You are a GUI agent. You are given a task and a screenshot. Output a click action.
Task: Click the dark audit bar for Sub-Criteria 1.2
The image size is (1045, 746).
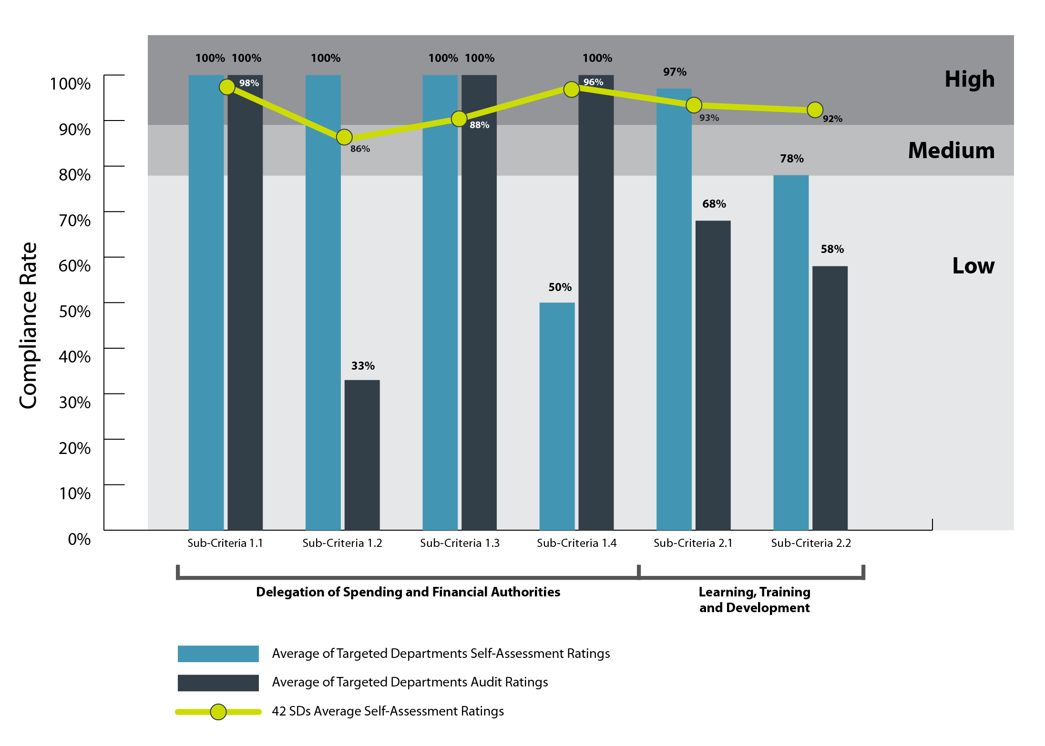362,455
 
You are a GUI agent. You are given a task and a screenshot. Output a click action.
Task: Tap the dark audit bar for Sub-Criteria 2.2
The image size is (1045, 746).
830,398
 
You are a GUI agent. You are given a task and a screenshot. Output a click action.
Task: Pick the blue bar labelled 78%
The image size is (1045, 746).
791,353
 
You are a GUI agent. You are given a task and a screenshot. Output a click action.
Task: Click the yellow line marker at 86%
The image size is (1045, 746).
344,137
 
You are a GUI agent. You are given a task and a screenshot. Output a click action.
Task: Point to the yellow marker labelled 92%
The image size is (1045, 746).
815,110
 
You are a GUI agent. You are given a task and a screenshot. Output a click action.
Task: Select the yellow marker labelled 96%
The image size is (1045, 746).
571,89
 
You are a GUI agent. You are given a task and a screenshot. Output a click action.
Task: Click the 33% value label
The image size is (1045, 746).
363,366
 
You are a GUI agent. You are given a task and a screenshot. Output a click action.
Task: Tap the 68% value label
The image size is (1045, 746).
714,204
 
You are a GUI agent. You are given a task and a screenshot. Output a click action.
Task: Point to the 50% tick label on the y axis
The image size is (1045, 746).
74,311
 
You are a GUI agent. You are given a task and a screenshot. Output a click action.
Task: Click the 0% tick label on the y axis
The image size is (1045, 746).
79,539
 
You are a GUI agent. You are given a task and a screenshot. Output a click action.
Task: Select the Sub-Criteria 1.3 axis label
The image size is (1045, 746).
460,543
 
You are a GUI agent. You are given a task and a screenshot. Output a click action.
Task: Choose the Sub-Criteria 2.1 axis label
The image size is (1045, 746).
693,543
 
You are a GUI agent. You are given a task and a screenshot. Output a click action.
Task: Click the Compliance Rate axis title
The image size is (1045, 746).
28,325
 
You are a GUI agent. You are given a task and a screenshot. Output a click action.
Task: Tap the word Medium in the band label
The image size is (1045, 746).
951,151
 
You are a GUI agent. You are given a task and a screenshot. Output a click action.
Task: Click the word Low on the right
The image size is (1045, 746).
973,266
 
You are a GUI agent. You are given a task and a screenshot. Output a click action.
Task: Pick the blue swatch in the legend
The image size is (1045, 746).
218,654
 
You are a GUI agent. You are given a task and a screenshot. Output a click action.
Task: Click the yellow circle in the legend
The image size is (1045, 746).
218,712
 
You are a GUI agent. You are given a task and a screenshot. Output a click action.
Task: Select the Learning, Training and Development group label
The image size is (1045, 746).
754,600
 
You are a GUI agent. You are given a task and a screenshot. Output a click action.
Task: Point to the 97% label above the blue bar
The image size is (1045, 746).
675,72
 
